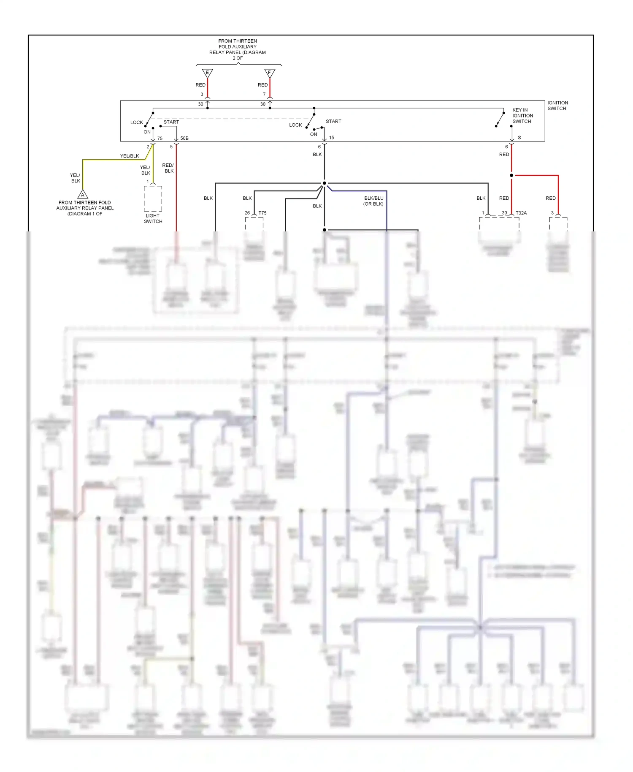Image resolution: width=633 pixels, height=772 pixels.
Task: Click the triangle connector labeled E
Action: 207,73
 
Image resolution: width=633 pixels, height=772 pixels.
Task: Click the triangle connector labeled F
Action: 270,73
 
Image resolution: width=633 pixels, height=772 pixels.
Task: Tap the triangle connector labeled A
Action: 83,194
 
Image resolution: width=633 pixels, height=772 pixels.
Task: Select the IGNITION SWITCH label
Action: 557,106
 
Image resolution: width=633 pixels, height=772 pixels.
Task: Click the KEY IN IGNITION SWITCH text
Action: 522,116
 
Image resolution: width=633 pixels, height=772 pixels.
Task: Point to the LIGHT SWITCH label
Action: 153,218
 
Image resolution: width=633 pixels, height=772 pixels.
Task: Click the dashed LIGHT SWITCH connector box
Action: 153,198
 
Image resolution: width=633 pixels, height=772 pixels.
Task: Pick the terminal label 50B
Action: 184,139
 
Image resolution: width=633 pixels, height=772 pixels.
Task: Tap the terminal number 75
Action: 160,139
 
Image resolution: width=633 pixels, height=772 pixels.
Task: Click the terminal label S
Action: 519,138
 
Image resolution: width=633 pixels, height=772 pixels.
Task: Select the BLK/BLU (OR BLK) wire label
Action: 373,201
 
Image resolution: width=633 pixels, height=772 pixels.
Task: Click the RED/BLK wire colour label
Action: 168,168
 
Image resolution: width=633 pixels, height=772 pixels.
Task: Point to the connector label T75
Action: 262,213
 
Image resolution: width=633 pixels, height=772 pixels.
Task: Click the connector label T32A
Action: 521,213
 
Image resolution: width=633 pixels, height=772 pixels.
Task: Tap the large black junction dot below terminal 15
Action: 324,183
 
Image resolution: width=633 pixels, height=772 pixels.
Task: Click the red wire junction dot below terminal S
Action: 511,175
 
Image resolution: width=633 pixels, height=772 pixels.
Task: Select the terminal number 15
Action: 332,138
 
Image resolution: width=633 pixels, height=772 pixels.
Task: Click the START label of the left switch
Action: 171,122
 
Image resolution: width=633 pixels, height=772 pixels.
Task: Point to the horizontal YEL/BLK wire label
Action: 130,156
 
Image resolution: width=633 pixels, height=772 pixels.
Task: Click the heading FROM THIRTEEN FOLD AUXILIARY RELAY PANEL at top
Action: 238,49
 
